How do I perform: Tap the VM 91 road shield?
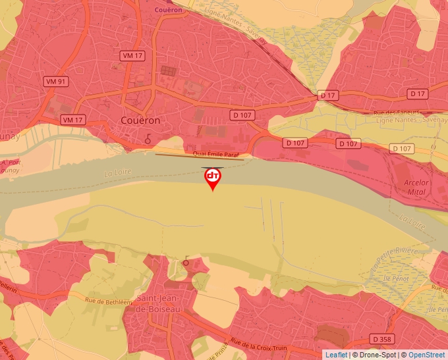click(x=56, y=82)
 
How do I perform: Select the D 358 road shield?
click(x=382, y=338)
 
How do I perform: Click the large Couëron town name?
click(x=141, y=121)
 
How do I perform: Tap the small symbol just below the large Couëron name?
click(x=148, y=138)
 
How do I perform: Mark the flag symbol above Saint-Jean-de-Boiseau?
click(x=186, y=261)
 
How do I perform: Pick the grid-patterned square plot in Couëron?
click(x=169, y=70)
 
